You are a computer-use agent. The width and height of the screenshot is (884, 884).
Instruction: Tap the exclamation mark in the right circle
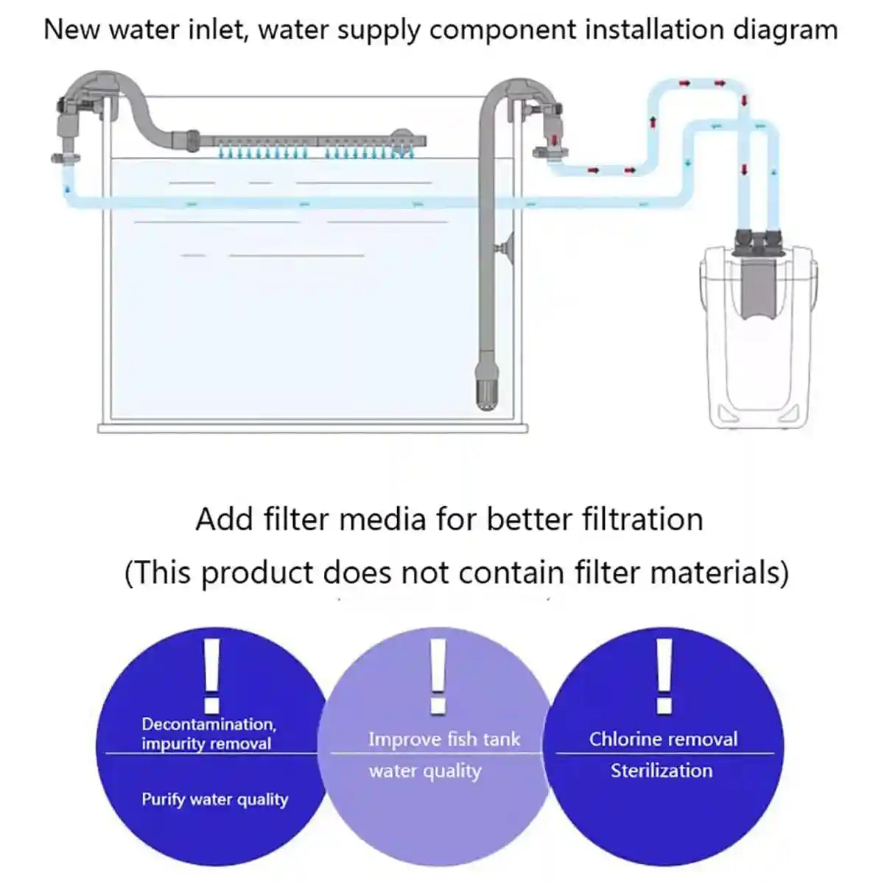[664, 676]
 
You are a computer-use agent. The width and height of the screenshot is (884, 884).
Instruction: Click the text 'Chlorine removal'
[663, 739]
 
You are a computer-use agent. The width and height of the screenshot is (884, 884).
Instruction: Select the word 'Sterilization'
[662, 771]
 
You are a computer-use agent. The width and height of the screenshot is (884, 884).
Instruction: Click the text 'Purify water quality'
[214, 799]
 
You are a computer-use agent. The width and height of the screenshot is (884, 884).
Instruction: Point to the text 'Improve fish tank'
[444, 739]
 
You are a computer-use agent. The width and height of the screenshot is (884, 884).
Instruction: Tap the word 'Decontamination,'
[209, 724]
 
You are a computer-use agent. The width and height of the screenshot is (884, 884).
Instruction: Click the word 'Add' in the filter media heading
[219, 519]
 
